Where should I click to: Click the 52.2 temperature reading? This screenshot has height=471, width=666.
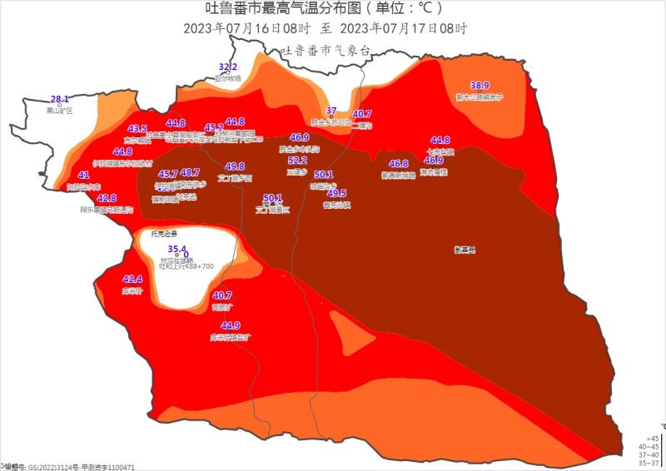click(297, 161)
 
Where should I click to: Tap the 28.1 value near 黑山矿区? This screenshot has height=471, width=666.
click(60, 98)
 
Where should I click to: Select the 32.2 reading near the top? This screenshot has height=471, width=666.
click(228, 67)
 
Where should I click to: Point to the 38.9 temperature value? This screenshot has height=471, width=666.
click(480, 85)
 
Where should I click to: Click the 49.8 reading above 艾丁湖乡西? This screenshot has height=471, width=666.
click(235, 166)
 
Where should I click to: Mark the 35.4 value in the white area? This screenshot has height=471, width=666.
click(176, 249)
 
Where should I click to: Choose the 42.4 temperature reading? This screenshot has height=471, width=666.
click(132, 280)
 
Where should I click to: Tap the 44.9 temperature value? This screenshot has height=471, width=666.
click(231, 325)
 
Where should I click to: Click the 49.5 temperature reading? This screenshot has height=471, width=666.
click(337, 193)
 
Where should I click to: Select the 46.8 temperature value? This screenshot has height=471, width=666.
click(399, 164)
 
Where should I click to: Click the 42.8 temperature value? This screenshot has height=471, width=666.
click(107, 199)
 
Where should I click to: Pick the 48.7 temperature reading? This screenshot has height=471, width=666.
click(190, 172)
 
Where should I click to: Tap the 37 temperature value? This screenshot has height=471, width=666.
click(331, 111)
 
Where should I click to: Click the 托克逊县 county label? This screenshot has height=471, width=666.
click(164, 234)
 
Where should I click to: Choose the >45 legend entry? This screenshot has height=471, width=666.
click(653, 438)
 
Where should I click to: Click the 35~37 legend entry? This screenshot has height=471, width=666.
click(649, 463)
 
